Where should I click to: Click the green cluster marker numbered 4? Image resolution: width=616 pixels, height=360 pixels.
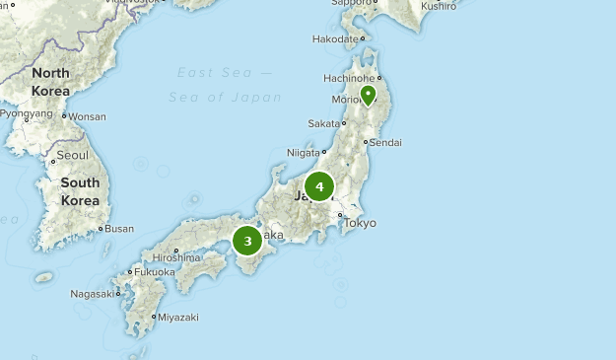click(319, 185)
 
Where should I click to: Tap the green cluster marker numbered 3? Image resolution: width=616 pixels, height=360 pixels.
click(247, 240)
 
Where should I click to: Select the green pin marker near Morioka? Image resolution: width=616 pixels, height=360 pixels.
click(368, 95)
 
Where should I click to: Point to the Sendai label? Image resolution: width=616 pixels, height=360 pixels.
click(384, 142)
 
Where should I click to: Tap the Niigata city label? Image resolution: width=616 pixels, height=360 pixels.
click(304, 153)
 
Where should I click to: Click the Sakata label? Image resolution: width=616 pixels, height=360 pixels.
click(322, 123)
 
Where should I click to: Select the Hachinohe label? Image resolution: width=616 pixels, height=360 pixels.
click(348, 78)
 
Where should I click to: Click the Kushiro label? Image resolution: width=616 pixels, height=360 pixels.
click(439, 6)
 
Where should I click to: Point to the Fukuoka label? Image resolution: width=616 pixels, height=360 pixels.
click(155, 271)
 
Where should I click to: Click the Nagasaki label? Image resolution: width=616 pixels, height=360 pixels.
click(91, 294)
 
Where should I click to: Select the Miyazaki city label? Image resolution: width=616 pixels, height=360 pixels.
click(177, 317)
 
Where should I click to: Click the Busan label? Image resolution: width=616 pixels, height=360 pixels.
click(118, 229)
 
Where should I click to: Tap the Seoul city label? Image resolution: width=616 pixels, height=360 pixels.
click(72, 155)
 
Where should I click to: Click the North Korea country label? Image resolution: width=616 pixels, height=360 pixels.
click(50, 81)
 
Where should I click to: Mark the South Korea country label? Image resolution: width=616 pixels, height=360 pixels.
click(80, 191)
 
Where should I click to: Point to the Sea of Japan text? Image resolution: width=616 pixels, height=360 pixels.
click(225, 97)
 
